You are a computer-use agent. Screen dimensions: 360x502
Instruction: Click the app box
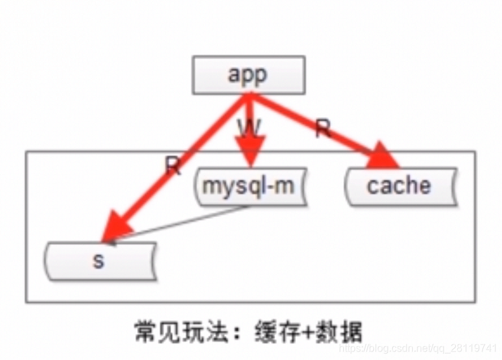tap(248, 75)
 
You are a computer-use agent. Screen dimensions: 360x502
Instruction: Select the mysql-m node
tap(248, 186)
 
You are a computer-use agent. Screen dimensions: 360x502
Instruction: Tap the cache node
tap(399, 186)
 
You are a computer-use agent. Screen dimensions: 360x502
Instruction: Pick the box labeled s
tap(99, 261)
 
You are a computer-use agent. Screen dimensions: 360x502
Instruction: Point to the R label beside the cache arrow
tap(323, 129)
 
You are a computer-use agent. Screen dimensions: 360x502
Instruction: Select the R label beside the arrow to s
tap(173, 167)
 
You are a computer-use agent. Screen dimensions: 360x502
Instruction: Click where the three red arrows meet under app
tap(248, 98)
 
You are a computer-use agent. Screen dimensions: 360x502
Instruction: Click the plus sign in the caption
tap(306, 332)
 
